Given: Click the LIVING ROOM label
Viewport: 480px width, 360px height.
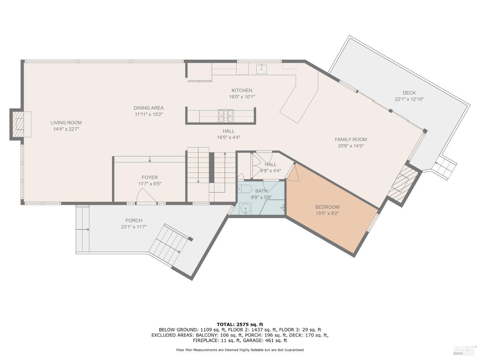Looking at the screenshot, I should click(66, 123).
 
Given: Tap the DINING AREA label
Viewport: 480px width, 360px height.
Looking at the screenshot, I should click(148, 108).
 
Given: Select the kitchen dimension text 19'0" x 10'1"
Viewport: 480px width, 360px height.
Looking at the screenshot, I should click(242, 97).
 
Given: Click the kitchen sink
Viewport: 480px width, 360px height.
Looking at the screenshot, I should click(262, 68).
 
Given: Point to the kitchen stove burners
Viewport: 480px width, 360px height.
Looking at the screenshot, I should click(226, 116).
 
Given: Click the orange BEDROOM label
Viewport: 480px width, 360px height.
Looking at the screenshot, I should click(327, 207).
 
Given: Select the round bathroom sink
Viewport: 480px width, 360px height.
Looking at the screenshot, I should click(245, 209).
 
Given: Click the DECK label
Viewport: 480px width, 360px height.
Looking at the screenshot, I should click(409, 93).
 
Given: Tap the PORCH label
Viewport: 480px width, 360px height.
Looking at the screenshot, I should click(134, 220).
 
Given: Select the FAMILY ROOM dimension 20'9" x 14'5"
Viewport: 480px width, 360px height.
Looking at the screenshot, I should click(351, 146).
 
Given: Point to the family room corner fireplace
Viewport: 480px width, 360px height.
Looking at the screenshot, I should click(403, 184).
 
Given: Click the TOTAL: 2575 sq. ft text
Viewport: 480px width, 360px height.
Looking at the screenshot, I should click(240, 324).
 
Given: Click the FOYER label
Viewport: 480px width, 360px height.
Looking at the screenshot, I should click(149, 177).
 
